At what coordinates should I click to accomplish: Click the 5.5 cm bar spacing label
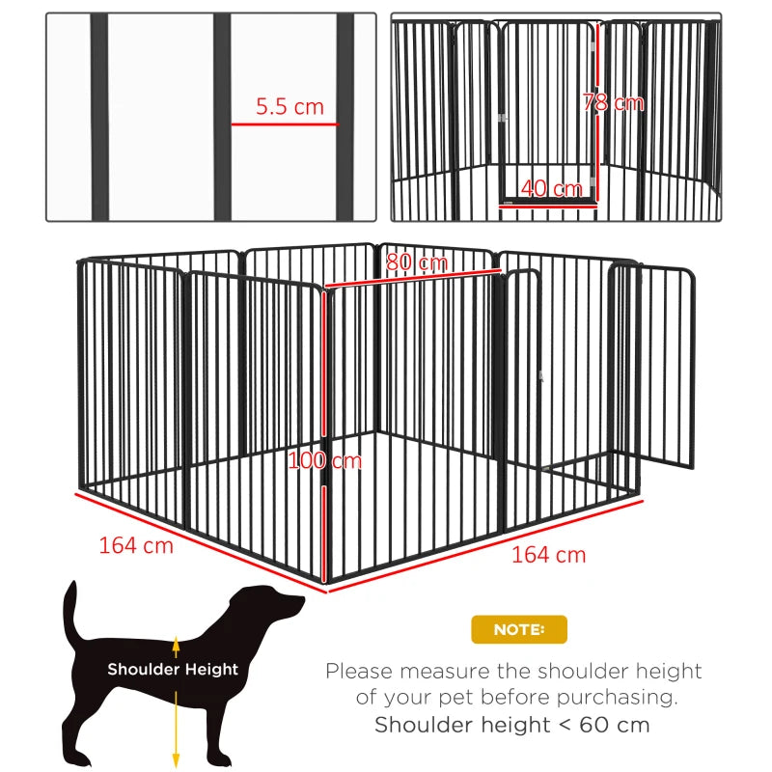289,107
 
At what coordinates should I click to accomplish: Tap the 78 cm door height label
614,101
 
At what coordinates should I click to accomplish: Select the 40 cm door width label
551,188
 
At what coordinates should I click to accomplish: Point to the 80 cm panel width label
416,262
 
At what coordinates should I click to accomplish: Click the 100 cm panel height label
325,460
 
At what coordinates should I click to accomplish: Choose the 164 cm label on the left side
136,545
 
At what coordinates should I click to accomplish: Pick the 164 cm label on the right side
548,555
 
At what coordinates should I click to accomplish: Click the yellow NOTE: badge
519,629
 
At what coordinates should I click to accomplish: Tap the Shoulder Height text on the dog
173,669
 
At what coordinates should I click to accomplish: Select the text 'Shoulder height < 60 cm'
512,725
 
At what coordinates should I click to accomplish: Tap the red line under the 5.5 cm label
285,124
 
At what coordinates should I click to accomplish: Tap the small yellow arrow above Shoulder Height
176,643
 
